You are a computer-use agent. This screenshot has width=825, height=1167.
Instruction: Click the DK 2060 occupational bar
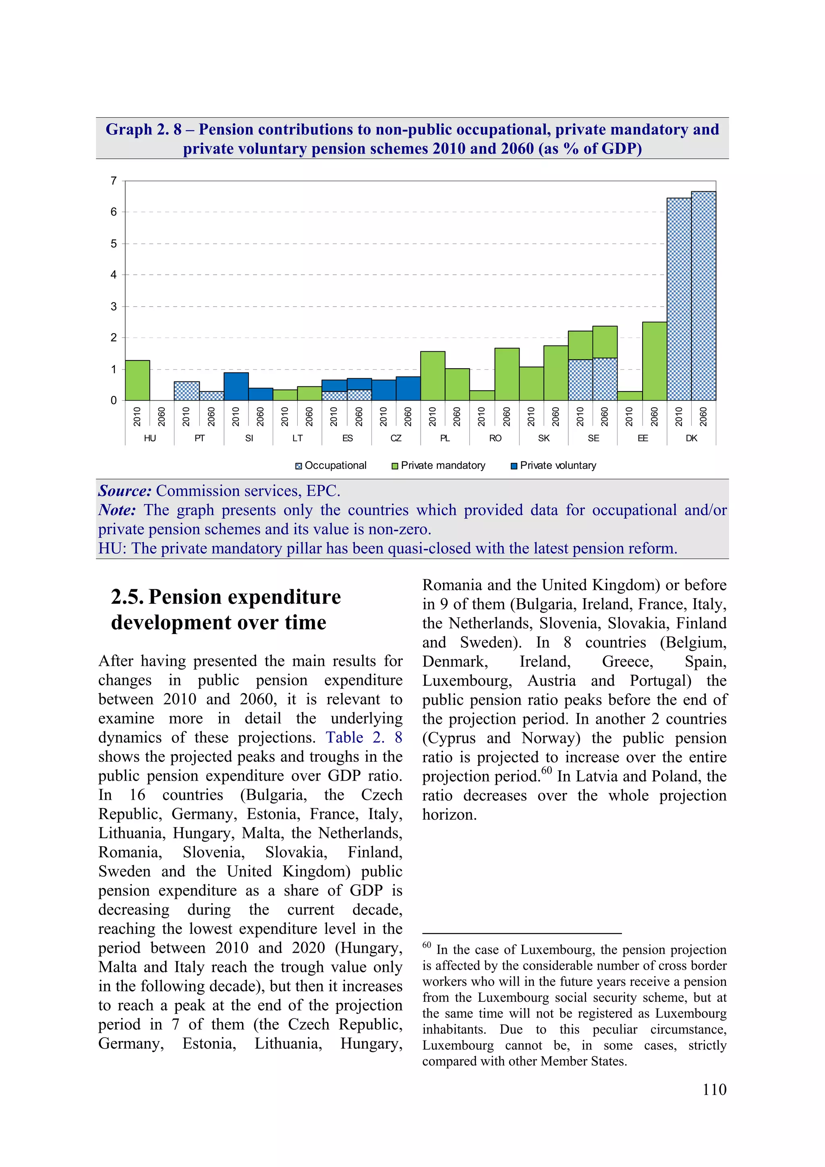pyautogui.click(x=703, y=296)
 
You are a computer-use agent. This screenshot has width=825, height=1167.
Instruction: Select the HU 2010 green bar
pyautogui.click(x=137, y=380)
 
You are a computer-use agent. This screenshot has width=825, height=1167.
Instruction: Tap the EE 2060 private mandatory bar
pyautogui.click(x=654, y=361)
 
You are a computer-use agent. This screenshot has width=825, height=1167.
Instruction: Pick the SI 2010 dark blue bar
pyautogui.click(x=236, y=386)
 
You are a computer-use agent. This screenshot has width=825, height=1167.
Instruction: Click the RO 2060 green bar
pyautogui.click(x=506, y=374)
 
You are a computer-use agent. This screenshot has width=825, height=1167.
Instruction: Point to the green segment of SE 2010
pyautogui.click(x=580, y=345)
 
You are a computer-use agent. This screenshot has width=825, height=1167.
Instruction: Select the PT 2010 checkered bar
pyautogui.click(x=187, y=391)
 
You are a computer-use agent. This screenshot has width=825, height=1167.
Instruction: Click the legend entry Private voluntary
pyautogui.click(x=557, y=466)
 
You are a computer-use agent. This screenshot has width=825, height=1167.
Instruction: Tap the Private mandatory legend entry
pyautogui.click(x=442, y=466)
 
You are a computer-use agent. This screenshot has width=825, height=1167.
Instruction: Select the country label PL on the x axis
pyautogui.click(x=445, y=438)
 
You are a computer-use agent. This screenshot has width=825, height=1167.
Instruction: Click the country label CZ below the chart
pyautogui.click(x=396, y=438)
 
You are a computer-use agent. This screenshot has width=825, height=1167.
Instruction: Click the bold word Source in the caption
pyautogui.click(x=124, y=491)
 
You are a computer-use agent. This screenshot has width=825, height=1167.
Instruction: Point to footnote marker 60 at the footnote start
pyautogui.click(x=427, y=946)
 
